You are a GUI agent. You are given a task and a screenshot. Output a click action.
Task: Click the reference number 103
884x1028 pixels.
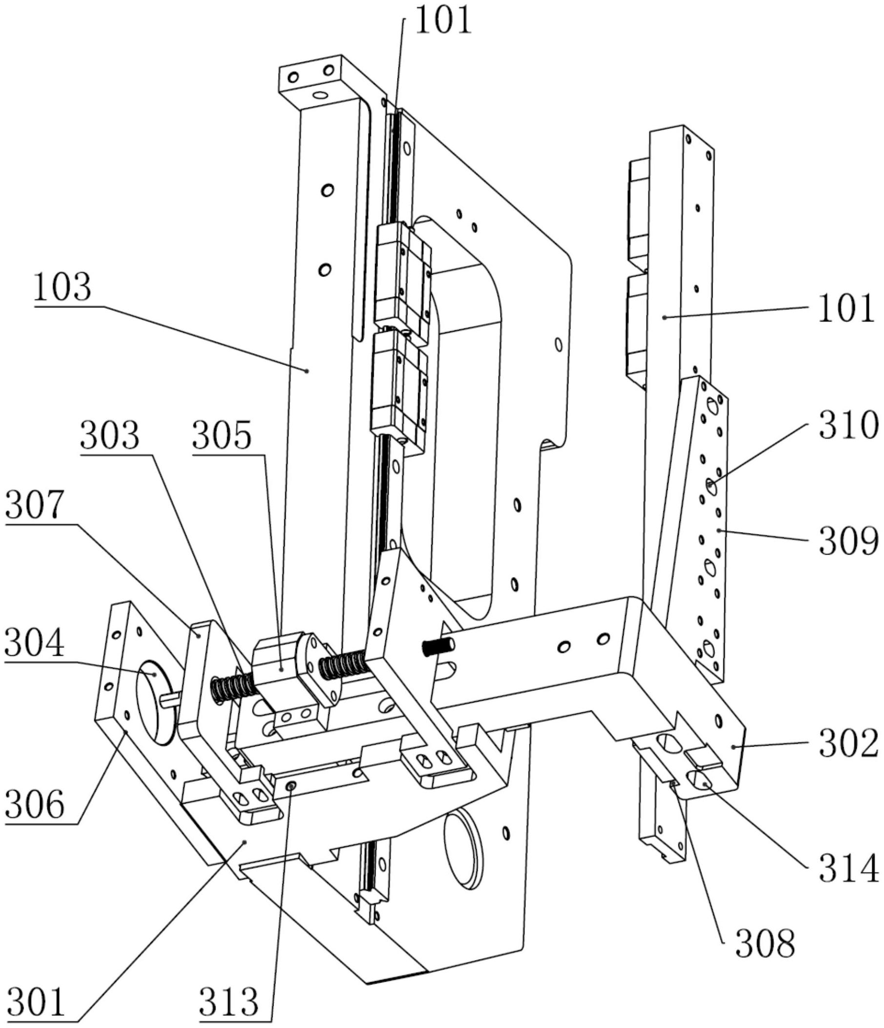(63, 287)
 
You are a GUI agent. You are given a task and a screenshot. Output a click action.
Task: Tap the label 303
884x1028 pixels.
(110, 436)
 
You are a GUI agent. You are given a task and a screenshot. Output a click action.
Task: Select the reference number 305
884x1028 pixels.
(222, 436)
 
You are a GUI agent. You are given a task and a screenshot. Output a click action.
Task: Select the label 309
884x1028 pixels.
(848, 541)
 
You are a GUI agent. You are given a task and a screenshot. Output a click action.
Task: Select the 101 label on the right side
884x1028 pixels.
(846, 308)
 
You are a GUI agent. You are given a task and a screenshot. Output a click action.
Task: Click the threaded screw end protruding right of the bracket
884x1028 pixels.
(438, 646)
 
